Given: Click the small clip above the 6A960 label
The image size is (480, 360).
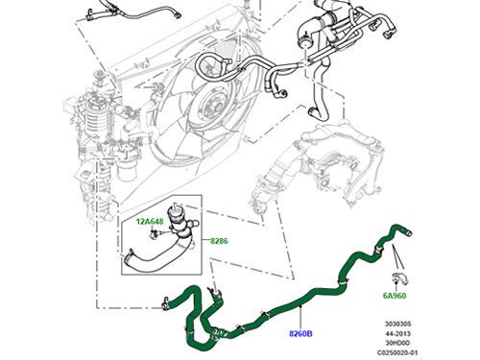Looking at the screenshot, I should [x=403, y=278].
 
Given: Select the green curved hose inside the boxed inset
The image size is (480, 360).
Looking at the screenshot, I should [x=158, y=253].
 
